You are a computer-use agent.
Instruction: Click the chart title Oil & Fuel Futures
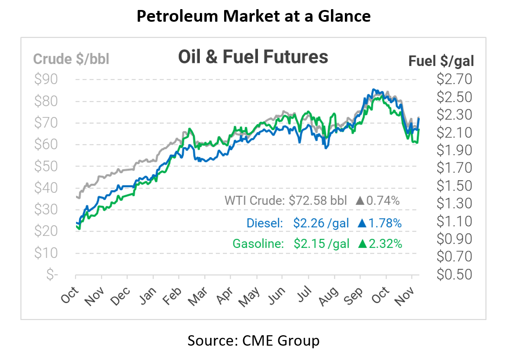click(253, 57)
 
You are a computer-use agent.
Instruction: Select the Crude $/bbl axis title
click(71, 59)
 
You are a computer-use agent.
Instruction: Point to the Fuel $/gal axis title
click(441, 61)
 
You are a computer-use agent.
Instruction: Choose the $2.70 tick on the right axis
click(453, 79)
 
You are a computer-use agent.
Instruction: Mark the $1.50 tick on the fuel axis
click(453, 186)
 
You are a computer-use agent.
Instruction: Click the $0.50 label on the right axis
click(453, 274)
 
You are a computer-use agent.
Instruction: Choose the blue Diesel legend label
click(265, 223)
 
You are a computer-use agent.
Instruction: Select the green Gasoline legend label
click(258, 244)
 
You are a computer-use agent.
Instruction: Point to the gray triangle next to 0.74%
click(360, 201)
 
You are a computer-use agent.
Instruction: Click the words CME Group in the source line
click(284, 340)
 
